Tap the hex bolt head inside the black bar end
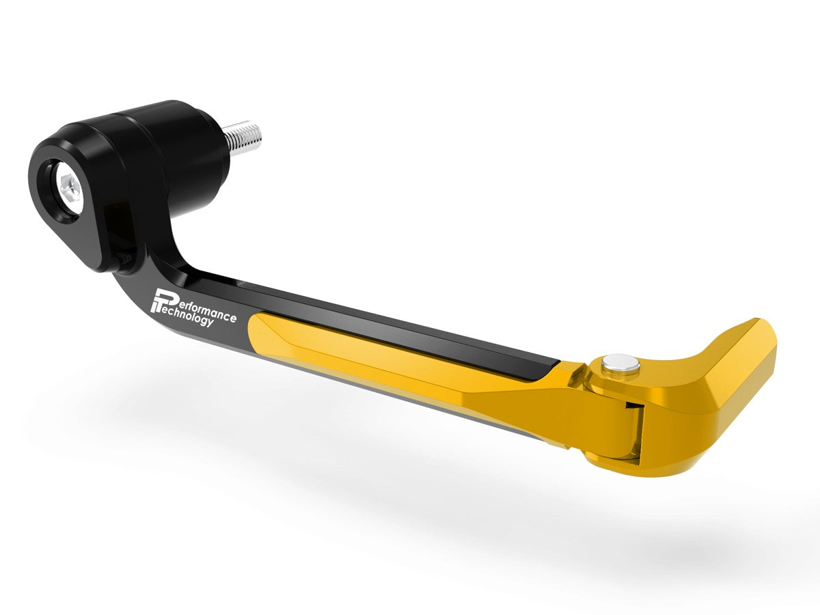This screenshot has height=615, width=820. pyautogui.click(x=70, y=185)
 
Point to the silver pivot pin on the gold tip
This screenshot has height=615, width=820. pyautogui.click(x=621, y=364)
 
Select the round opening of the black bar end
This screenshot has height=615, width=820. pyautogui.click(x=66, y=184)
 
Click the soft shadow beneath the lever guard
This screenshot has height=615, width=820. pyautogui.click(x=410, y=478)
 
